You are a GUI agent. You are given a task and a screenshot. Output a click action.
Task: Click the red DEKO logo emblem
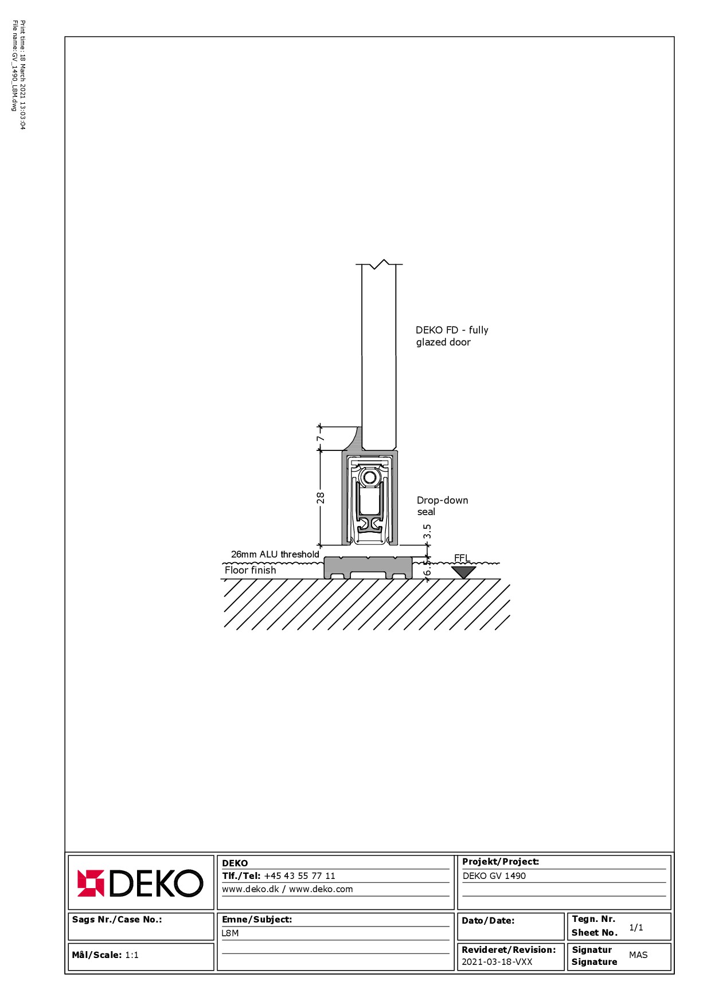tap(91, 883)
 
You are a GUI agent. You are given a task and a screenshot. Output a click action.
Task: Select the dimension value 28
tap(321, 498)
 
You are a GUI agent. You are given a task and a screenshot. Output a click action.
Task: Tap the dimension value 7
tap(321, 438)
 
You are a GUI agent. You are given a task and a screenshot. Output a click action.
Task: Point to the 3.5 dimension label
tap(427, 532)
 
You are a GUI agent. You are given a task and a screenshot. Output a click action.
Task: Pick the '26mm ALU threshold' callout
tap(275, 554)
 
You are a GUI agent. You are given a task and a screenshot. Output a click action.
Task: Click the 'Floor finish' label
tap(250, 570)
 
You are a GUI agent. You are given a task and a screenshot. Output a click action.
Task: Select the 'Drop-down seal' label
tap(442, 506)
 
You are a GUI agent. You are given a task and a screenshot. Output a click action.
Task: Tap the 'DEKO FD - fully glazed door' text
tap(452, 336)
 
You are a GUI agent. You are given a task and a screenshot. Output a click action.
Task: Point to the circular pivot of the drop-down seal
tap(370, 477)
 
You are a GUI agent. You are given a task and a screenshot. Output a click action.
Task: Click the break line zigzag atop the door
tap(379, 264)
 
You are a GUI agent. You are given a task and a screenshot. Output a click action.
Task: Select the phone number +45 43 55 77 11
tap(299, 876)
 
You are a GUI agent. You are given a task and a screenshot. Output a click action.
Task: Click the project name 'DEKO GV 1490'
tap(494, 876)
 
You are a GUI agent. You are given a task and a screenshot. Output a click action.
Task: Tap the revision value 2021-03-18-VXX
tap(497, 961)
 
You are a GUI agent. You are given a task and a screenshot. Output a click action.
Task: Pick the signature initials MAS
tap(638, 955)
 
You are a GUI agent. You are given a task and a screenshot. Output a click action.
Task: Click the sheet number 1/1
tap(636, 927)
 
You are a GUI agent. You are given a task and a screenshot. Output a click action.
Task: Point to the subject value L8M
tap(231, 933)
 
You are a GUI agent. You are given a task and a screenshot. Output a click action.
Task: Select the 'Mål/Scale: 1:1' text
tap(106, 955)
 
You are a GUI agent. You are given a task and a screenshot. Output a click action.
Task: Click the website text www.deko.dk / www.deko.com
tap(287, 889)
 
